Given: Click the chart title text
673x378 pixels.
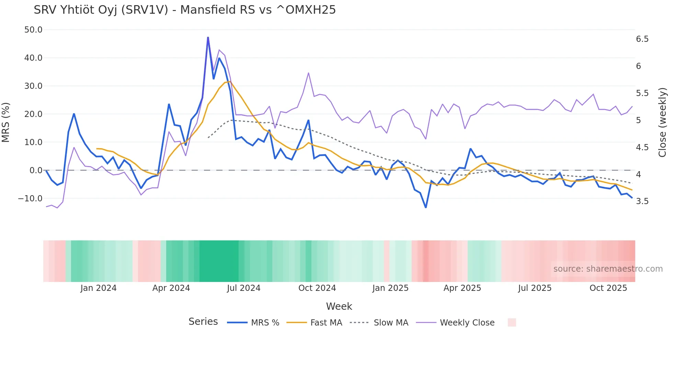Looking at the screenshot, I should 185,10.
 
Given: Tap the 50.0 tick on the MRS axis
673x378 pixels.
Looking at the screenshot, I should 33,30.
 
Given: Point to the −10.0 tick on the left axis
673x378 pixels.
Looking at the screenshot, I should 30,199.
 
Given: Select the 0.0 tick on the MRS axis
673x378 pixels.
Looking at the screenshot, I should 36,170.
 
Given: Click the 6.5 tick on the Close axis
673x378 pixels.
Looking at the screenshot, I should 642,39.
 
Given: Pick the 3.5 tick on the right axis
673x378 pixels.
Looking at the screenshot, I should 642,201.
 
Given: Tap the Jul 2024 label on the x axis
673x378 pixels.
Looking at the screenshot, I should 243,288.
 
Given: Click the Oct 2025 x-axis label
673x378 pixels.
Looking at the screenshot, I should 608,288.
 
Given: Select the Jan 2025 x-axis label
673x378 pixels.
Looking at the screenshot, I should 390,288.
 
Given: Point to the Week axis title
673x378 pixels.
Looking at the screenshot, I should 339,306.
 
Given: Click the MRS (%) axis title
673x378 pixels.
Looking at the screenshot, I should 6,122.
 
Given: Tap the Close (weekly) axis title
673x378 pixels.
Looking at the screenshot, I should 662,122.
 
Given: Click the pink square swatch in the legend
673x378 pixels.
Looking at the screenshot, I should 512,322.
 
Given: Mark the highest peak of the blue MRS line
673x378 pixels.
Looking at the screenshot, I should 208,37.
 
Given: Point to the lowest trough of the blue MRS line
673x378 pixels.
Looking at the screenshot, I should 426,207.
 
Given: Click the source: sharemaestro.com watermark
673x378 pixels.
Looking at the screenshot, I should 608,269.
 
